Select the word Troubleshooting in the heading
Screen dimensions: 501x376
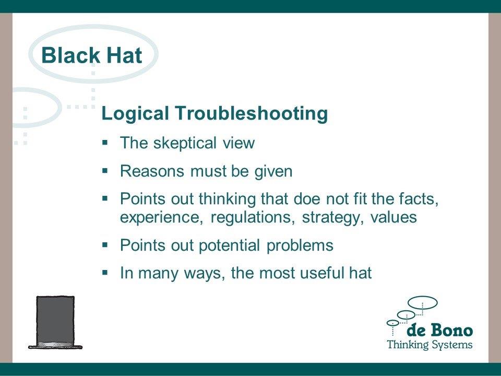pyautogui.click(x=251, y=113)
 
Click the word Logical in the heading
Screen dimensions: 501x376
pyautogui.click(x=135, y=113)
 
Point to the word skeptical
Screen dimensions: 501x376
pyautogui.click(x=185, y=143)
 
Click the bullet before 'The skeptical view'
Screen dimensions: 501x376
pyautogui.click(x=105, y=142)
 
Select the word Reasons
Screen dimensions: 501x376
pyautogui.click(x=152, y=171)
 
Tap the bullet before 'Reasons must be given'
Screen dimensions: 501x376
pyautogui.click(x=105, y=170)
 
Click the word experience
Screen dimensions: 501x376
pyautogui.click(x=162, y=217)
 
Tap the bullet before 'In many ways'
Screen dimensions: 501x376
pyautogui.click(x=105, y=273)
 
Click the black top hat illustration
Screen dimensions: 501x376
pyautogui.click(x=55, y=322)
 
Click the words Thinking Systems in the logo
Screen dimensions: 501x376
pyautogui.click(x=430, y=345)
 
